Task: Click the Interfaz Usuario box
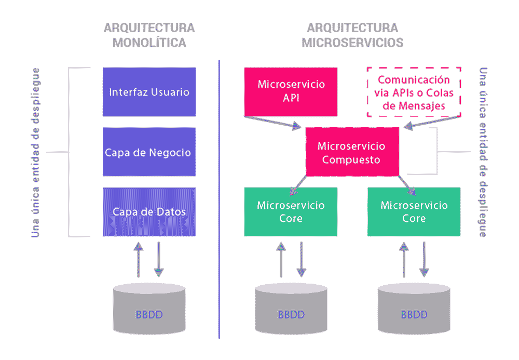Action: tap(149, 92)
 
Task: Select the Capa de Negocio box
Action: tap(149, 152)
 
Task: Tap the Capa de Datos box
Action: tap(149, 212)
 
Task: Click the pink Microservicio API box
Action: tap(291, 91)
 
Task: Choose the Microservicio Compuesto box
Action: tap(351, 153)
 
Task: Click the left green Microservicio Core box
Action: tap(291, 211)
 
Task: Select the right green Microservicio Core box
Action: tap(414, 211)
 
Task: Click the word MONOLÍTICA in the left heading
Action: tap(149, 43)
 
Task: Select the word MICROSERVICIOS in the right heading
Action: tap(352, 43)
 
